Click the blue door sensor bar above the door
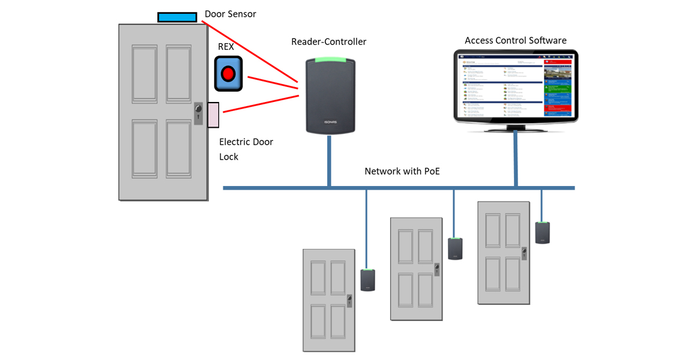pyautogui.click(x=177, y=17)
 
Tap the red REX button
pyautogui.click(x=228, y=74)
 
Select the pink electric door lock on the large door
pyautogui.click(x=213, y=115)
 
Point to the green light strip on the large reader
pyautogui.click(x=328, y=60)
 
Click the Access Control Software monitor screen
pyautogui.click(x=515, y=85)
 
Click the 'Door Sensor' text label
pyautogui.click(x=231, y=14)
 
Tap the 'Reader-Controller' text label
pyautogui.click(x=328, y=41)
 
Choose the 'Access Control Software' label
pyautogui.click(x=515, y=40)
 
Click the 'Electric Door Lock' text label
pyautogui.click(x=246, y=149)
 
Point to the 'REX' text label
pyautogui.click(x=226, y=47)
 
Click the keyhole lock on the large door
pyautogui.click(x=199, y=112)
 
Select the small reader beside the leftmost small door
pyautogui.click(x=367, y=280)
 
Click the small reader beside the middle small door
pyautogui.click(x=455, y=248)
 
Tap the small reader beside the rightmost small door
pyautogui.click(x=542, y=232)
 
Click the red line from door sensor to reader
pyautogui.click(x=252, y=53)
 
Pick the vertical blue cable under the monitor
pyautogui.click(x=516, y=159)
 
